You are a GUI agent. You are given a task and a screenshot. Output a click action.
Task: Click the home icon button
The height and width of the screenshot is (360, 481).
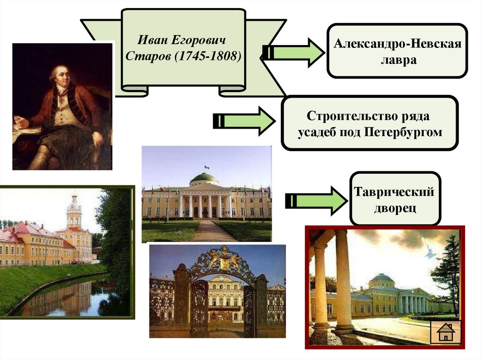tap(446, 332)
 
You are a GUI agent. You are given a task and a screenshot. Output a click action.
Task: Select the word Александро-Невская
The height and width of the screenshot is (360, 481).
tap(397, 45)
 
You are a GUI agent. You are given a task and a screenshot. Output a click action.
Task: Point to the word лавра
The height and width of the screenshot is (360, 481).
tap(397, 61)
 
